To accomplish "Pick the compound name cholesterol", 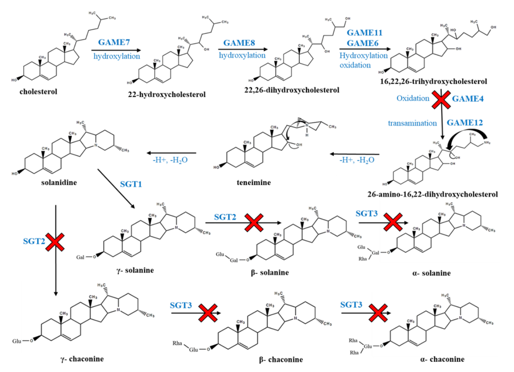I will pos(38,92).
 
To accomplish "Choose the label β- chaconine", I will pos(280,359).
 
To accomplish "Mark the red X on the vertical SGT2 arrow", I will pos(55,242).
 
